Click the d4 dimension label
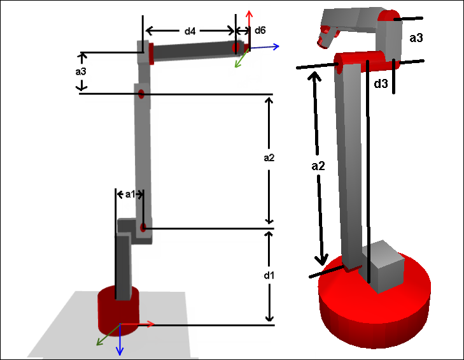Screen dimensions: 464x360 coord(190,31)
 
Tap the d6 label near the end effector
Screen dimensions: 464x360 coord(260,30)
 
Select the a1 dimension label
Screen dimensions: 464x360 coord(130,194)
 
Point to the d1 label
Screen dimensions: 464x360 coord(269,275)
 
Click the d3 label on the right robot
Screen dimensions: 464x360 coord(381,83)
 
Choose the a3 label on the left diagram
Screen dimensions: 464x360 coord(81,71)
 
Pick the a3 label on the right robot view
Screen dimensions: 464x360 coord(416,38)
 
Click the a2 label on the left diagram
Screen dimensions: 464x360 coord(269,158)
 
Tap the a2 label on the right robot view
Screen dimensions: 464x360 coord(318,166)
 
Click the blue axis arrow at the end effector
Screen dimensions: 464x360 coord(264,47)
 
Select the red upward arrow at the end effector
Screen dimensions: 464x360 coord(249,28)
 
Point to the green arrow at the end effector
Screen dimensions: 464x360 coord(242,58)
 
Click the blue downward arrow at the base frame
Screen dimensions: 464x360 coord(120,340)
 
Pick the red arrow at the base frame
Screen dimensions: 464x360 coord(137,324)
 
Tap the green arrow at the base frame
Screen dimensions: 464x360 coord(108,335)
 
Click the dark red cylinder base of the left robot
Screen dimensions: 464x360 coord(118,311)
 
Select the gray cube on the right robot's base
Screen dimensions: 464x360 coord(383,267)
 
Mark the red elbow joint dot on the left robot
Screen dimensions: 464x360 coord(141,94)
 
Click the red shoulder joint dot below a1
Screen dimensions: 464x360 coord(143,227)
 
